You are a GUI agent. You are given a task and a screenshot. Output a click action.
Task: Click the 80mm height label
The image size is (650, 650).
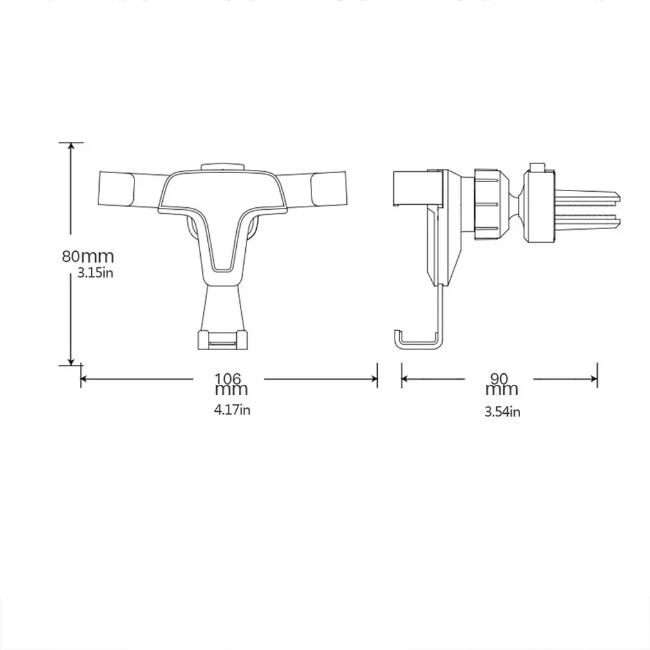tap(88, 256)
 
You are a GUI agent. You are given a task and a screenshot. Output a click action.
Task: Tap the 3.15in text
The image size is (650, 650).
tap(95, 273)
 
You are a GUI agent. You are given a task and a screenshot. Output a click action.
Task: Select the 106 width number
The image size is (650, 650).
tap(228, 378)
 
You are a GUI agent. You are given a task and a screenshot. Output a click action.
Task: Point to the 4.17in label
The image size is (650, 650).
tap(232, 409)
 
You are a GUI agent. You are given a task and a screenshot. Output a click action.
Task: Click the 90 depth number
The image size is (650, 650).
tap(499, 378)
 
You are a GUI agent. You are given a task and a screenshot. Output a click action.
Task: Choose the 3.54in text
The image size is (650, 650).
tap(503, 412)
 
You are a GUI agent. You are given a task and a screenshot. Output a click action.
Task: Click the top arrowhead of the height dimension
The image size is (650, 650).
tap(71, 146)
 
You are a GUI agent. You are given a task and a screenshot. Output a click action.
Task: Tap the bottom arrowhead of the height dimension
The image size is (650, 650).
tap(71, 362)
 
